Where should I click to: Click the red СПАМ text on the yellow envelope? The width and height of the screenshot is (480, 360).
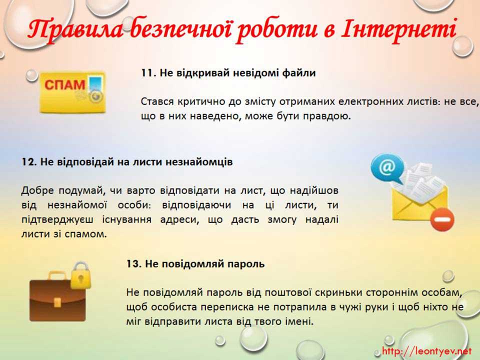(x=64, y=85)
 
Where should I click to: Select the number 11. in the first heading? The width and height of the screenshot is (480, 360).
(x=149, y=73)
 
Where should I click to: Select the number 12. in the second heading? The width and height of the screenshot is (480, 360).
(x=29, y=161)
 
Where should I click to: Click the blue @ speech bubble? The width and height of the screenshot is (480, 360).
(x=387, y=168)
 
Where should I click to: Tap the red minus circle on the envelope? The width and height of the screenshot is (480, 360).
(x=442, y=219)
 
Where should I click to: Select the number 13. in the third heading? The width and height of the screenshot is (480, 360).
(x=134, y=264)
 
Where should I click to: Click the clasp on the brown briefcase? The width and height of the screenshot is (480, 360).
(x=57, y=302)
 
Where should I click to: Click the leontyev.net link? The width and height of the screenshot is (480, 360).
(x=426, y=350)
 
